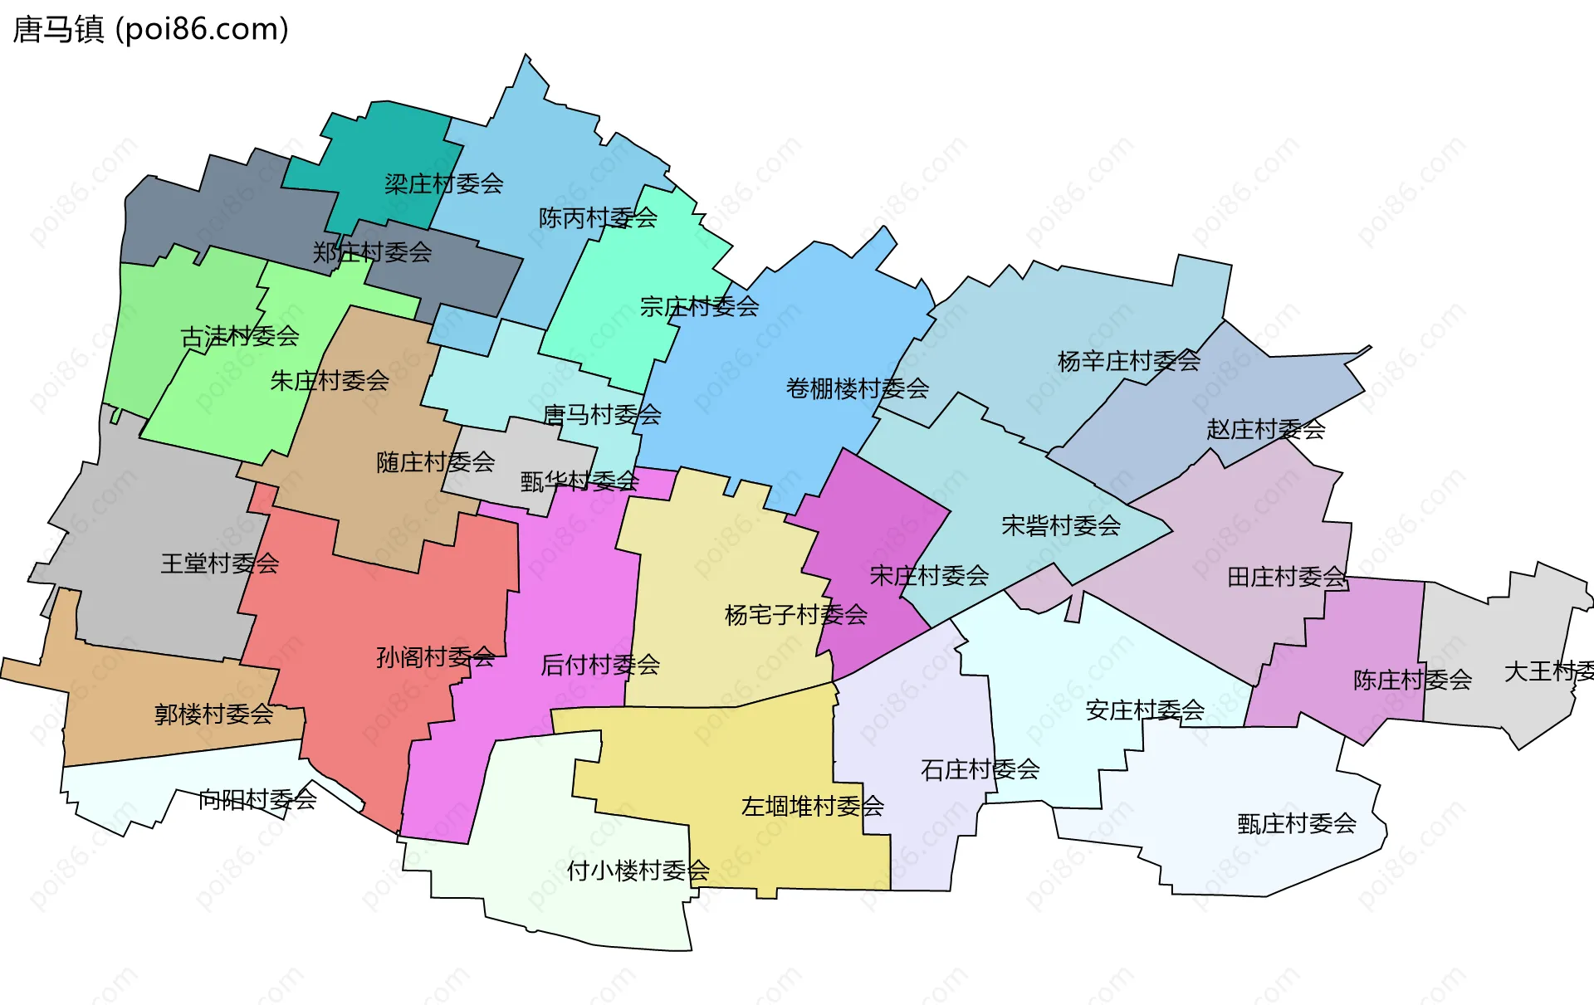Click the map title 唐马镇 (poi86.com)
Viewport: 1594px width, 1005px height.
151,29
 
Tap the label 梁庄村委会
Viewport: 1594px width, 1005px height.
443,183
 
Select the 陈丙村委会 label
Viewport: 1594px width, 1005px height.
598,218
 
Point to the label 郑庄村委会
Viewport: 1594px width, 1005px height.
372,252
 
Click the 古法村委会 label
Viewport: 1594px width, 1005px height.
240,336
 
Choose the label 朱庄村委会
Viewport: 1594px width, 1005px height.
330,381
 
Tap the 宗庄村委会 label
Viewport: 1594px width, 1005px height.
699,307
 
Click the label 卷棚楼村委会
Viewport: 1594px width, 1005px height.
858,388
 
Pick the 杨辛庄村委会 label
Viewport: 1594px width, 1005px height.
1129,361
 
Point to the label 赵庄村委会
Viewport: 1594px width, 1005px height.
1265,430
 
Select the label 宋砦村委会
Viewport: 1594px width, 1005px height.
1061,525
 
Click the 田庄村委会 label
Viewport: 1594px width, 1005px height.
1286,577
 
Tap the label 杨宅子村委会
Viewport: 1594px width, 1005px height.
795,615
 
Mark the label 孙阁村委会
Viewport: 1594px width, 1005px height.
435,657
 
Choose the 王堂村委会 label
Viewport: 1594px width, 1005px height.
219,563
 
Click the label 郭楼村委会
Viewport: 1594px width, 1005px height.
213,714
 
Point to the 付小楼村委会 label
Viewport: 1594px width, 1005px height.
638,871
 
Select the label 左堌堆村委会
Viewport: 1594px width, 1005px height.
812,806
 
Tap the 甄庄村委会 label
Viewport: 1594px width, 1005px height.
1296,823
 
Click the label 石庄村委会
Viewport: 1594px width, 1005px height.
980,769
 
